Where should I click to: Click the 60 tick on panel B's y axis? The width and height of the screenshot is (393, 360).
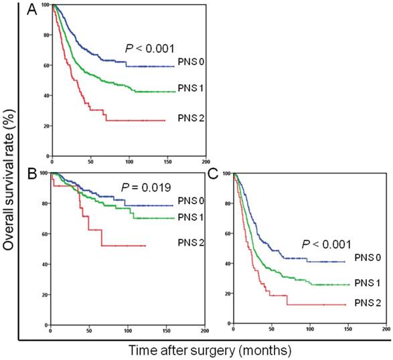pos(45,234)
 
